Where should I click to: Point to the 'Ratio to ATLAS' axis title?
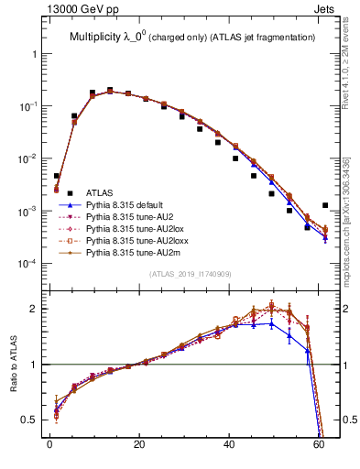coord(15,365)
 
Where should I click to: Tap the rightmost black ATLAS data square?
coord(325,206)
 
